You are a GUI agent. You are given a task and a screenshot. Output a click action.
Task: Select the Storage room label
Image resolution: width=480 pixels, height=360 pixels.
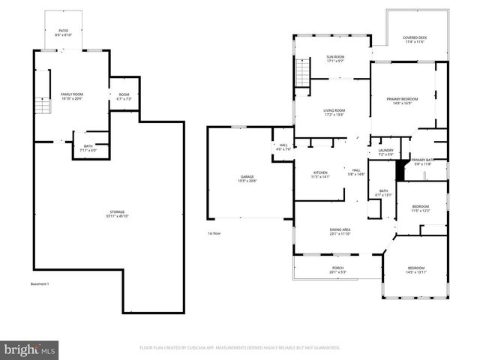point(115,214)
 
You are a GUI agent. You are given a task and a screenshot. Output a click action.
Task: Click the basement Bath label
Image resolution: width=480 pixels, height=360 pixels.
point(88,148)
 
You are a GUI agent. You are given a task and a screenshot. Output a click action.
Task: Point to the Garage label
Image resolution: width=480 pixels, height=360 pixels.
point(247,178)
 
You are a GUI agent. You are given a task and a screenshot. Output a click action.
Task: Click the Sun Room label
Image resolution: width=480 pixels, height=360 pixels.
point(334,58)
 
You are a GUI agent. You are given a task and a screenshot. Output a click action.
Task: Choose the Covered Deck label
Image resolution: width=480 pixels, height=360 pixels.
point(415,40)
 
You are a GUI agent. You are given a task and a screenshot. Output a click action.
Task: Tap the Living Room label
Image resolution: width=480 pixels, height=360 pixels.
point(334,113)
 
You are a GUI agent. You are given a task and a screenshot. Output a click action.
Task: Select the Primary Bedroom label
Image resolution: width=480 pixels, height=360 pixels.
point(402,101)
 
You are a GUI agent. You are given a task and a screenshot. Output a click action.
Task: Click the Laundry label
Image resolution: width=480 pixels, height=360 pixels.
point(385,152)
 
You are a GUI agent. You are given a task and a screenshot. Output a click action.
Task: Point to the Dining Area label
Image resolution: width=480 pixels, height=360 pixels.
point(340,232)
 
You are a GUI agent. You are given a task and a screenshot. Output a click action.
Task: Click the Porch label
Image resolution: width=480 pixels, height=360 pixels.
point(337,270)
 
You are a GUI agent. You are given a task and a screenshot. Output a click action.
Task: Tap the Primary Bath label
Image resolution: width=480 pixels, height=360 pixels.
point(422,161)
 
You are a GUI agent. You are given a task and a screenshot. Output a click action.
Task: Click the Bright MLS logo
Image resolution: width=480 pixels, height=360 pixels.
point(30,349)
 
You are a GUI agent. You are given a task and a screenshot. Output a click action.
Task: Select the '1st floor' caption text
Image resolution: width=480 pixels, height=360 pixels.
point(214,233)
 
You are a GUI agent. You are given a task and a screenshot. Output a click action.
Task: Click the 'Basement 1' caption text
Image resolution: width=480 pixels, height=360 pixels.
point(39,284)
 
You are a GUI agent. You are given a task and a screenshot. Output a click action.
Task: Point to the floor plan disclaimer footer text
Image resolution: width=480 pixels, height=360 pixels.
point(239,348)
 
